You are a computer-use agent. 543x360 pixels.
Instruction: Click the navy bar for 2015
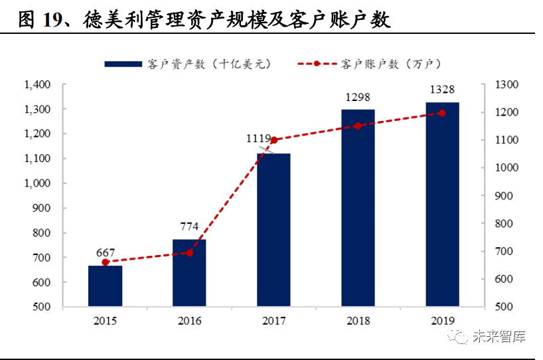pos(106,286)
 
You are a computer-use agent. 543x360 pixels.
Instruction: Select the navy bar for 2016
pos(189,273)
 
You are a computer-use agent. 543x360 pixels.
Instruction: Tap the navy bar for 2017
pos(273,230)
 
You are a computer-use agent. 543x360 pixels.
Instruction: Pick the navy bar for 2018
pos(358,208)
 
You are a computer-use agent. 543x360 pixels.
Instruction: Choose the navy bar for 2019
pos(442,205)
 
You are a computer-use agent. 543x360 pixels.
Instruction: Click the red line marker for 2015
pos(106,262)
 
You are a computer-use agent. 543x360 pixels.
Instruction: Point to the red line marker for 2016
pos(189,252)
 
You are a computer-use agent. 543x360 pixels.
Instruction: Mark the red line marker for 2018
pos(358,126)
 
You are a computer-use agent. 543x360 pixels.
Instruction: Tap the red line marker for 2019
pos(442,113)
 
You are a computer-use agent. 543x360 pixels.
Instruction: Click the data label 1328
pos(442,90)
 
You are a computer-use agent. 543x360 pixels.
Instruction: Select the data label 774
pos(189,226)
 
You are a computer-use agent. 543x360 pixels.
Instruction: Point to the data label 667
pos(106,252)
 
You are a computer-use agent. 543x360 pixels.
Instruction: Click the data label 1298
pos(358,97)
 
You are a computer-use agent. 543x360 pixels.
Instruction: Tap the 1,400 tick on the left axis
pos(37,84)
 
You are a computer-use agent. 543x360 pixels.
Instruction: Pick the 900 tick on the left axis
pos(41,208)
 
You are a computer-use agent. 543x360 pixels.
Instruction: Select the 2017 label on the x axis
pos(273,321)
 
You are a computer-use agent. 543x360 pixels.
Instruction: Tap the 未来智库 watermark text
pos(499,337)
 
